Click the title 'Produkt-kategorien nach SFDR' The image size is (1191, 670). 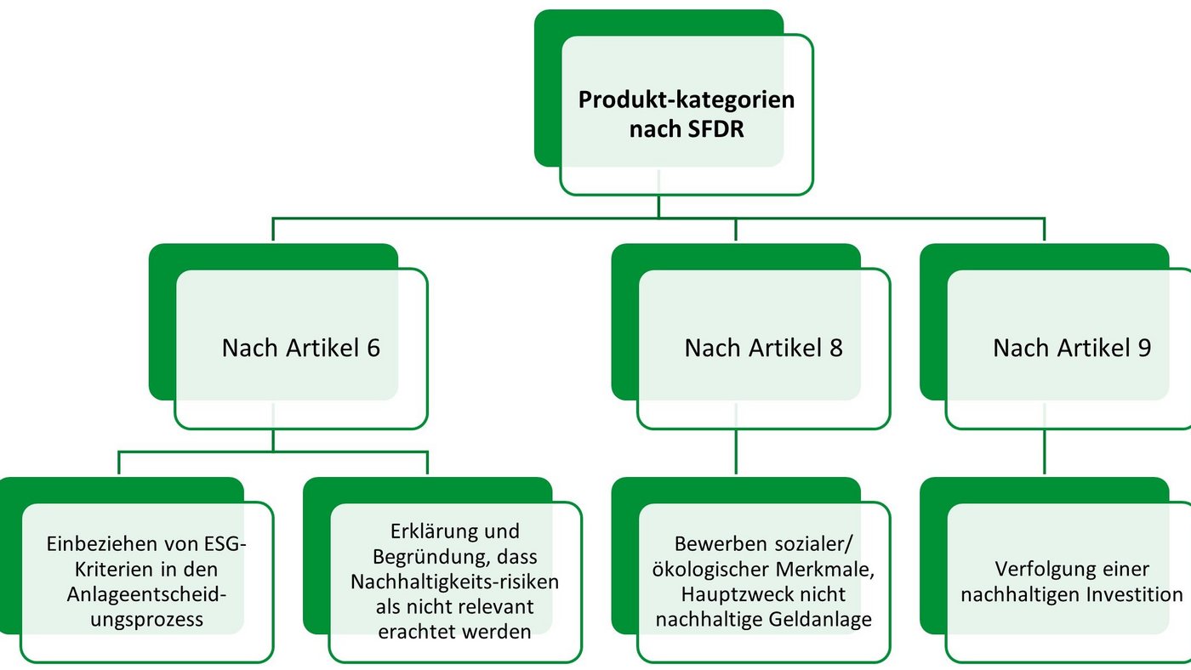tap(686, 115)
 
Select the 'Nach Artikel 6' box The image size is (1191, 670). tap(301, 348)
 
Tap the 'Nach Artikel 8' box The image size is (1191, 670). tap(763, 348)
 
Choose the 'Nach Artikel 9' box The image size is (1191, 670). tap(1072, 348)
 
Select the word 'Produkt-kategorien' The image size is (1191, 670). tap(686, 99)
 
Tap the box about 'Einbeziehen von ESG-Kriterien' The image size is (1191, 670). tap(147, 582)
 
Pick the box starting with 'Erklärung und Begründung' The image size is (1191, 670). tap(455, 582)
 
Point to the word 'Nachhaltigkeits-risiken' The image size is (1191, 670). tap(455, 583)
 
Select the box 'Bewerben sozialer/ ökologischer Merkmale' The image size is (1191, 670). tap(763, 582)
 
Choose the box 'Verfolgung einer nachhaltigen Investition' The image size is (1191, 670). tap(1072, 582)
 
